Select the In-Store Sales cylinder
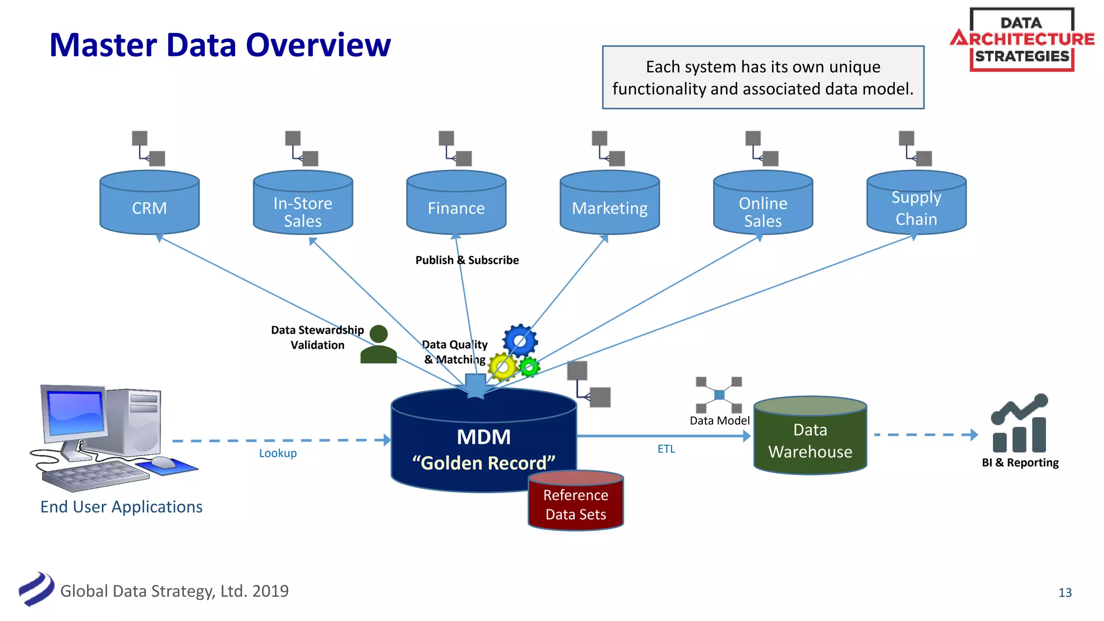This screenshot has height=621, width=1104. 302,208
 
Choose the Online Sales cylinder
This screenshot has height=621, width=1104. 763,208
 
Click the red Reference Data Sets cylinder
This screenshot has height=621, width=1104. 576,504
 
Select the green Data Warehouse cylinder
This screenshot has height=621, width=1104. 810,439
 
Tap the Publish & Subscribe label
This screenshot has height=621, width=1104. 467,260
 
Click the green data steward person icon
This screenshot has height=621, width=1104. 378,345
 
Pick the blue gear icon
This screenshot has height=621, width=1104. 520,341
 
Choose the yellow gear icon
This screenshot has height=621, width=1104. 502,367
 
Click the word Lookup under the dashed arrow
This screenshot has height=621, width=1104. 278,453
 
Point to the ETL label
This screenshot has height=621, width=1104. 666,449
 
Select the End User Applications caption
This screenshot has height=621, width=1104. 121,507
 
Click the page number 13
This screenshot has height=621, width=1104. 1065,592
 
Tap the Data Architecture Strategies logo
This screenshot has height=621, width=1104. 1022,39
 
